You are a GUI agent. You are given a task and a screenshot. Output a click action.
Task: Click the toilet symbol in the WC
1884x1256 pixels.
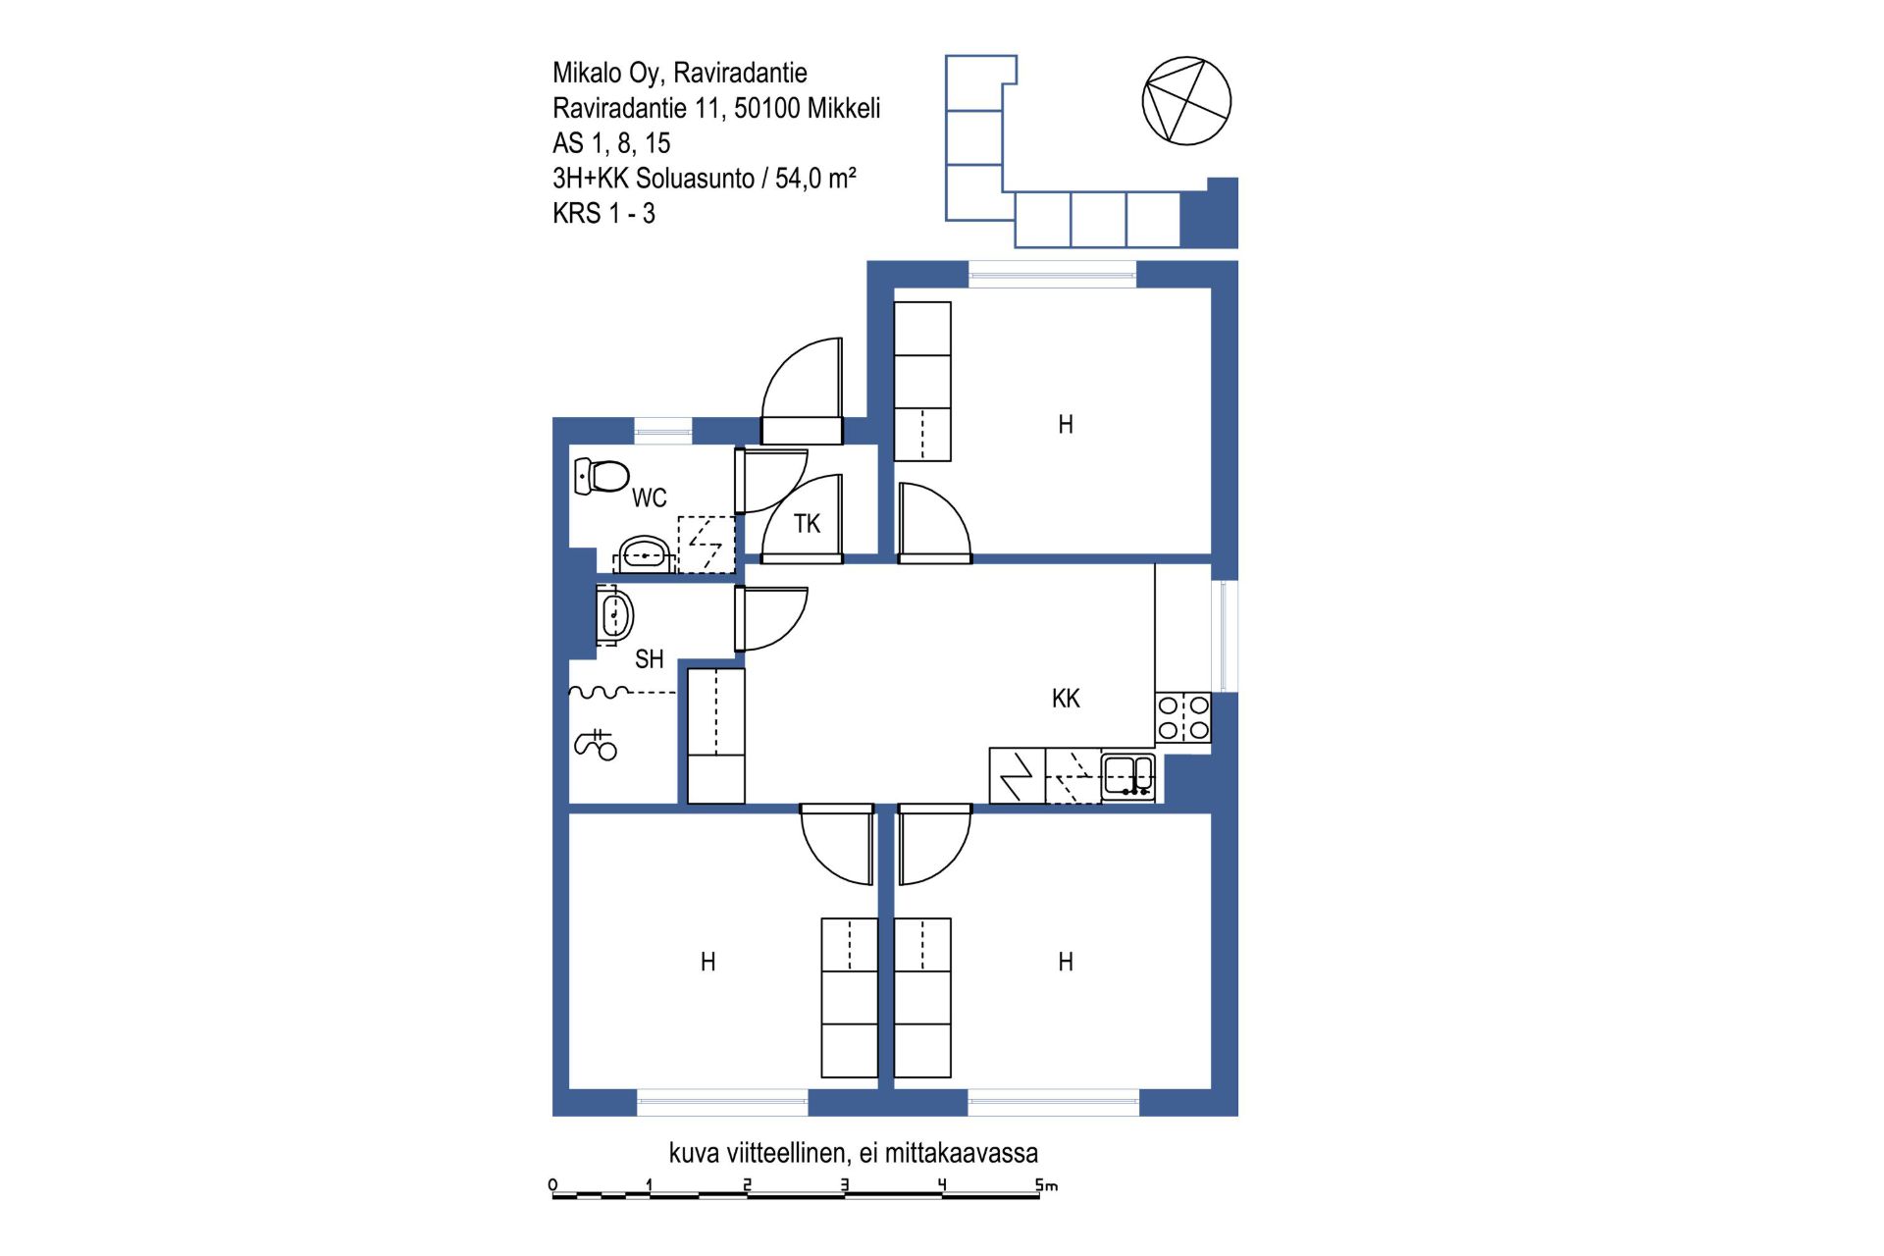pyautogui.click(x=602, y=476)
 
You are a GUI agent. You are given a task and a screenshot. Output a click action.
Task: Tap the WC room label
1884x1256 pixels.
pyautogui.click(x=650, y=498)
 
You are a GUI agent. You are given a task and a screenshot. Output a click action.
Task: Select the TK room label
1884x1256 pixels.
pyautogui.click(x=808, y=524)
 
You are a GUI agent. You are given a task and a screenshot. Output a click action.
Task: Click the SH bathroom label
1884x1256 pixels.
pyautogui.click(x=650, y=659)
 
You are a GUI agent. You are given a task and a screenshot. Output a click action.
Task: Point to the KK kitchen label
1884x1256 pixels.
pyautogui.click(x=1066, y=699)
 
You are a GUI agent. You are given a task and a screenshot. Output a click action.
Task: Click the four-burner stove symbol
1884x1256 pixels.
pyautogui.click(x=1183, y=717)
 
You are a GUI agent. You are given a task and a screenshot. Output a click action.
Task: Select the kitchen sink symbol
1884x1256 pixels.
pyautogui.click(x=1128, y=775)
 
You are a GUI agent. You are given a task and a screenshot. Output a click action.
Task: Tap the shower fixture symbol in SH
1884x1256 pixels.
pyautogui.click(x=596, y=745)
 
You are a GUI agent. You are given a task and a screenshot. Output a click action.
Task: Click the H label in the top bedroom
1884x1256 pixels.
pyautogui.click(x=1066, y=425)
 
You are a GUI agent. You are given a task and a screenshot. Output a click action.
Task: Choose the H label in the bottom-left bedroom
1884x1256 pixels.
pyautogui.click(x=708, y=962)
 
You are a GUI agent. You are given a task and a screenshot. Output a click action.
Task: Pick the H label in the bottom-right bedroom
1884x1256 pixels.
pyautogui.click(x=1066, y=962)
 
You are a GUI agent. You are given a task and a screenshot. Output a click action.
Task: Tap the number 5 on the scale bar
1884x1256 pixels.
pyautogui.click(x=1039, y=1185)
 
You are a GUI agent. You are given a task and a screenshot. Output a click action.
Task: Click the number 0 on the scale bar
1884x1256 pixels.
pyautogui.click(x=553, y=1185)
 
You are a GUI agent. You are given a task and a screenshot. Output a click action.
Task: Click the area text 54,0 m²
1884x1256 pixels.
pyautogui.click(x=815, y=179)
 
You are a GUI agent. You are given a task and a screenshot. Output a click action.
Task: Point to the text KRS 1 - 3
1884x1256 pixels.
pyautogui.click(x=603, y=214)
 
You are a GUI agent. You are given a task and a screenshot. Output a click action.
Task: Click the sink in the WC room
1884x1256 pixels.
pyautogui.click(x=644, y=554)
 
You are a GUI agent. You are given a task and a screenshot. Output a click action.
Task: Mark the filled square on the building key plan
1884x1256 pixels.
pyautogui.click(x=1209, y=213)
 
